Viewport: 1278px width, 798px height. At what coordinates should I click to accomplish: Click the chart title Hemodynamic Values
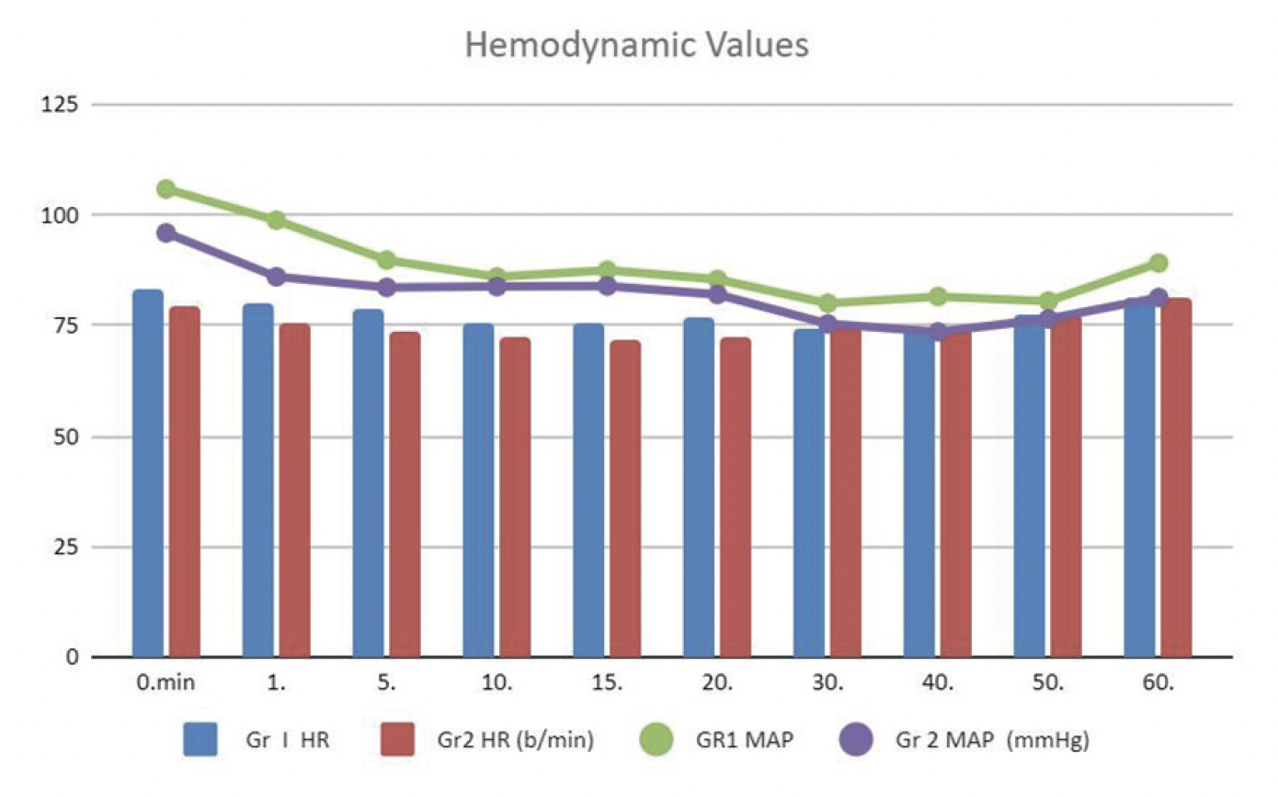pos(637,44)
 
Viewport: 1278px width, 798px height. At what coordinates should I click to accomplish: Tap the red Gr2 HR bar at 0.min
pos(184,483)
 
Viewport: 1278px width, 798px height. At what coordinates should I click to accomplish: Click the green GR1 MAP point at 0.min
pos(166,188)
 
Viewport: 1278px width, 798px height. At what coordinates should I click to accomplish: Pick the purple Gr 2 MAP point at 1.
pos(276,277)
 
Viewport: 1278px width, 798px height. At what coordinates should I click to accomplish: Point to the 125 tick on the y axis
pos(64,105)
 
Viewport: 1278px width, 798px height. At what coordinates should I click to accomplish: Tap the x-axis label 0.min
pos(166,684)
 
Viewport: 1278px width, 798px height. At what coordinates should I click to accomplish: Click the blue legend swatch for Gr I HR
pos(200,739)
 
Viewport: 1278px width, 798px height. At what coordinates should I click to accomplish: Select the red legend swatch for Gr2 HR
pos(397,739)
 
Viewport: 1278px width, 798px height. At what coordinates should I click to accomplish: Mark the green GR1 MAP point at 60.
pos(1158,263)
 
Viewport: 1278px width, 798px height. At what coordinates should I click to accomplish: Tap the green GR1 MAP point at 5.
pos(386,260)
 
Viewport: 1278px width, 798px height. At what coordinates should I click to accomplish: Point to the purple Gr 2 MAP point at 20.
pos(717,294)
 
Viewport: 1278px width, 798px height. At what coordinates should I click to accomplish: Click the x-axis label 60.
pos(1158,684)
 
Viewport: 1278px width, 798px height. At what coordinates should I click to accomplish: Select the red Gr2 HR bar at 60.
pos(1176,478)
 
